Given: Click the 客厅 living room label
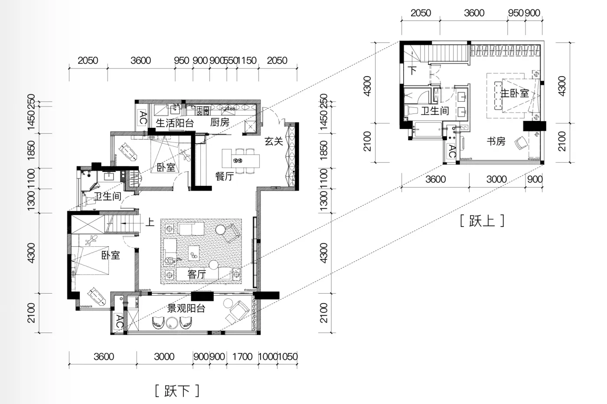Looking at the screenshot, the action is click(197, 275).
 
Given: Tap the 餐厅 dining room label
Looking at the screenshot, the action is click(225, 176).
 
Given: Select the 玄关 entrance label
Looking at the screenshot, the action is click(274, 141).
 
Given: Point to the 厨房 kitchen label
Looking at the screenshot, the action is click(220, 122).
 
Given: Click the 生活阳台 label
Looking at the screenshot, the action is click(175, 123).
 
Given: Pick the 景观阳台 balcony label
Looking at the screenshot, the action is click(186, 308).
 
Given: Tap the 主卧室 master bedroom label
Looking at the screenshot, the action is click(515, 94).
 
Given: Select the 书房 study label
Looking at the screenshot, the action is click(496, 141).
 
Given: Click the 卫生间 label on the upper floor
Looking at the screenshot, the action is click(435, 111).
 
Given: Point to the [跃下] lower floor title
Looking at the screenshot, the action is click(177, 391).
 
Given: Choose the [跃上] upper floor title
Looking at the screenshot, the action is click(482, 220).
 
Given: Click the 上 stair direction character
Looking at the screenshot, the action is click(150, 223).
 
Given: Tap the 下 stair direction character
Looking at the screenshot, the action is click(412, 70).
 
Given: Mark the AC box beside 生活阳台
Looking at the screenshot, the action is click(143, 118).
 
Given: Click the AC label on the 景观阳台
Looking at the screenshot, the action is click(120, 321).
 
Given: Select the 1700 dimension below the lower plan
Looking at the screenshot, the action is click(242, 357).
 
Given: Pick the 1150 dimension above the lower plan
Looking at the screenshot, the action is click(247, 60).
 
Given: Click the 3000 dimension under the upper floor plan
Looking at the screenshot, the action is click(496, 179).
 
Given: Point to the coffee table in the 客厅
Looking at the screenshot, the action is click(194, 253).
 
